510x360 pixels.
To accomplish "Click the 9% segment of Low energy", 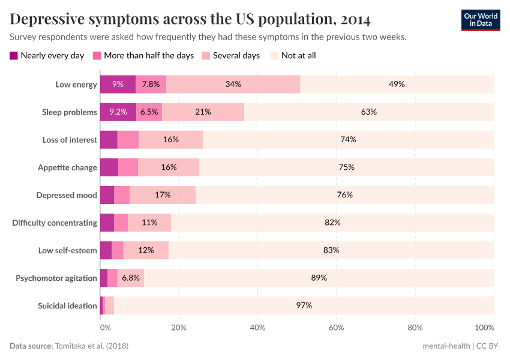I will [x=118, y=85].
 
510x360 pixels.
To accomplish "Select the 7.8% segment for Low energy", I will [x=151, y=85].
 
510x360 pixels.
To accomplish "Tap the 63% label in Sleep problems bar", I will [x=369, y=112].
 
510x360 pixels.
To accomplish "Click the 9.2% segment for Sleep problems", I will [x=118, y=112].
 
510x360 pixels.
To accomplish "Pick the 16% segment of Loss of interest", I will [x=171, y=140].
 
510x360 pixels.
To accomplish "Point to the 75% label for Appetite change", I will [x=347, y=167].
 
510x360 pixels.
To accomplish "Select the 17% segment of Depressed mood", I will [x=163, y=195].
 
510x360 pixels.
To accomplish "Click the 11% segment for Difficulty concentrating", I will [x=149, y=223].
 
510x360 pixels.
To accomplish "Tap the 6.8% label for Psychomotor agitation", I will [x=131, y=278].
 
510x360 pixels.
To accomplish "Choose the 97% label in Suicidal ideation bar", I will [x=304, y=305].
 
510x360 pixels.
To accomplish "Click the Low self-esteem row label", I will [x=67, y=250].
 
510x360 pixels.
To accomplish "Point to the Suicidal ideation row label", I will [x=67, y=305].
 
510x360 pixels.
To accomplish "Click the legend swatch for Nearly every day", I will [x=14, y=56].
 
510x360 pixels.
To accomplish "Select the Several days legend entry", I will [x=236, y=56].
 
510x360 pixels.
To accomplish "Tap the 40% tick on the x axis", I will [x=257, y=328].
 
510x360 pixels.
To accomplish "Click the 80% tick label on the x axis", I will [x=415, y=328].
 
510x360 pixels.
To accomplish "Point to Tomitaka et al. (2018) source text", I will [x=92, y=346].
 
